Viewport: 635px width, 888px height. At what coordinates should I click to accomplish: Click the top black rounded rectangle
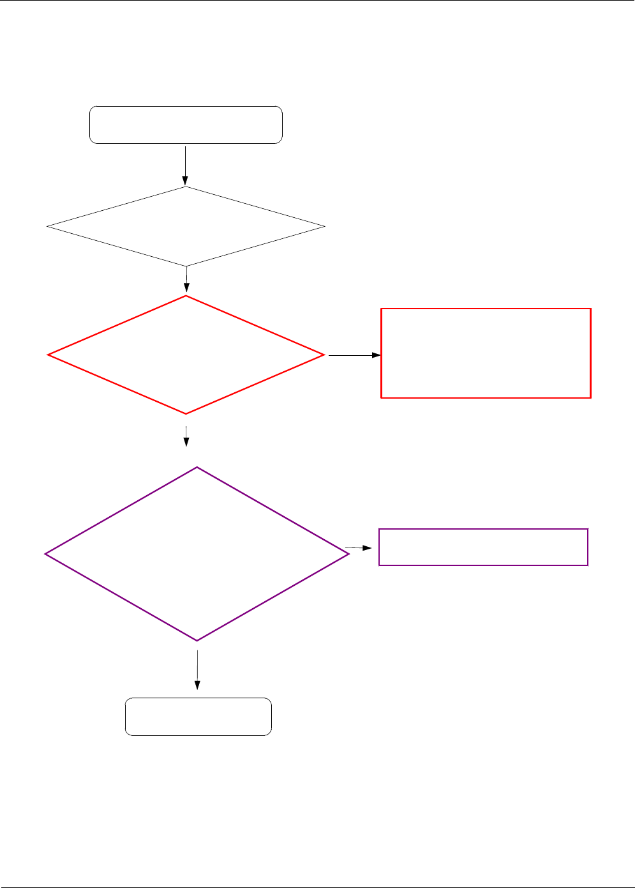pyautogui.click(x=186, y=125)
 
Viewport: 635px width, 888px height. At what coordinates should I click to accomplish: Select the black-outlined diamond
pyautogui.click(x=186, y=226)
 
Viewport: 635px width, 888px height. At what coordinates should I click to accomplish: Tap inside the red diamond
pyautogui.click(x=186, y=355)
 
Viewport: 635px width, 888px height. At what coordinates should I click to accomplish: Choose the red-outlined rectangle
pyautogui.click(x=486, y=353)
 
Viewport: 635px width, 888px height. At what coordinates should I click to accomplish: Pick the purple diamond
pyautogui.click(x=197, y=554)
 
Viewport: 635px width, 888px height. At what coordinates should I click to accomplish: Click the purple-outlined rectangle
pyautogui.click(x=483, y=547)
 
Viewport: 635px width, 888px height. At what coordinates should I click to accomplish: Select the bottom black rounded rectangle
pyautogui.click(x=198, y=717)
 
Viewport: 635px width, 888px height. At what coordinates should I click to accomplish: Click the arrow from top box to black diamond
pyautogui.click(x=186, y=165)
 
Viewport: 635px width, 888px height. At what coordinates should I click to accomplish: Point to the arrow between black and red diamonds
pyautogui.click(x=186, y=279)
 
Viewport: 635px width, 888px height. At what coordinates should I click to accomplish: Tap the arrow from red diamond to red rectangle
pyautogui.click(x=354, y=355)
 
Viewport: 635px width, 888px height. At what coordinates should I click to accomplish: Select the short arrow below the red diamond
pyautogui.click(x=186, y=436)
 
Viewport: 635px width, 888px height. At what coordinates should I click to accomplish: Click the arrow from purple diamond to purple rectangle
pyautogui.click(x=359, y=547)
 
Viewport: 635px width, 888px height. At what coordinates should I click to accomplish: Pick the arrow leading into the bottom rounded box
pyautogui.click(x=197, y=670)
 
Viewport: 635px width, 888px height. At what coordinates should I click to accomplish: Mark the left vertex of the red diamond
pyautogui.click(x=48, y=355)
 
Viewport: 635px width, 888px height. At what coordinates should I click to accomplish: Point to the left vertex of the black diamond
pyautogui.click(x=47, y=226)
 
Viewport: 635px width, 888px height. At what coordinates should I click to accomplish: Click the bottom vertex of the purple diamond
pyautogui.click(x=197, y=641)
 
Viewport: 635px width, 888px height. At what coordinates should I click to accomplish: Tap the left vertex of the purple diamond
pyautogui.click(x=45, y=554)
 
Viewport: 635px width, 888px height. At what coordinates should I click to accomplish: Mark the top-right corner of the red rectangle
pyautogui.click(x=591, y=309)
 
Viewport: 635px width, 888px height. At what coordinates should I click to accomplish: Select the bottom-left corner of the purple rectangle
pyautogui.click(x=379, y=565)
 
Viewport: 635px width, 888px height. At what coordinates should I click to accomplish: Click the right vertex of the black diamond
pyautogui.click(x=325, y=226)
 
